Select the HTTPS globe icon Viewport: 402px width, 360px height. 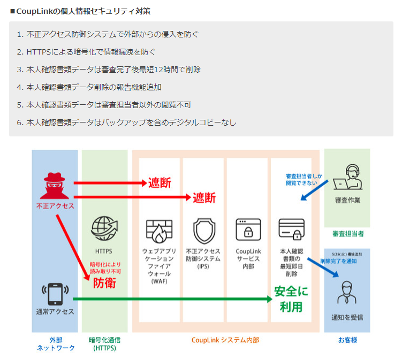click(x=104, y=228)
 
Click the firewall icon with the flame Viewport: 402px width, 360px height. click(x=159, y=229)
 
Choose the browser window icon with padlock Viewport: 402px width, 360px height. click(x=248, y=229)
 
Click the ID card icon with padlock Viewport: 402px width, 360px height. click(x=291, y=229)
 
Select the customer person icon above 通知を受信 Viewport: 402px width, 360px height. click(x=347, y=293)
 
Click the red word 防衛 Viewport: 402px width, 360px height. click(x=104, y=283)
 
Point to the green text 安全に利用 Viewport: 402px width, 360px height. click(x=291, y=299)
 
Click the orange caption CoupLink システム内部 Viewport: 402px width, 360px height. click(x=225, y=340)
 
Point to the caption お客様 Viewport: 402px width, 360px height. click(x=347, y=340)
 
